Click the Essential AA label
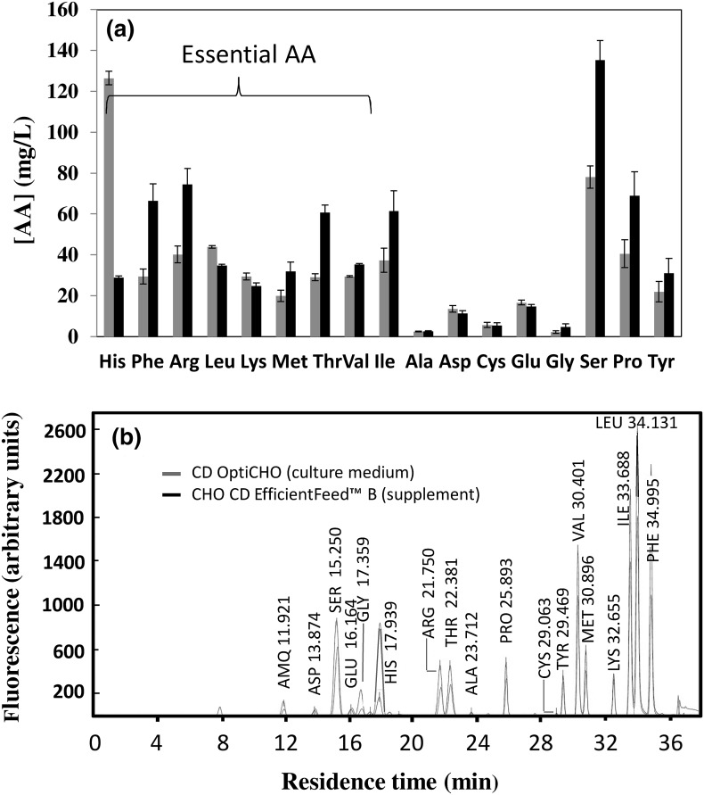point(238,56)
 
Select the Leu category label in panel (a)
point(212,364)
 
